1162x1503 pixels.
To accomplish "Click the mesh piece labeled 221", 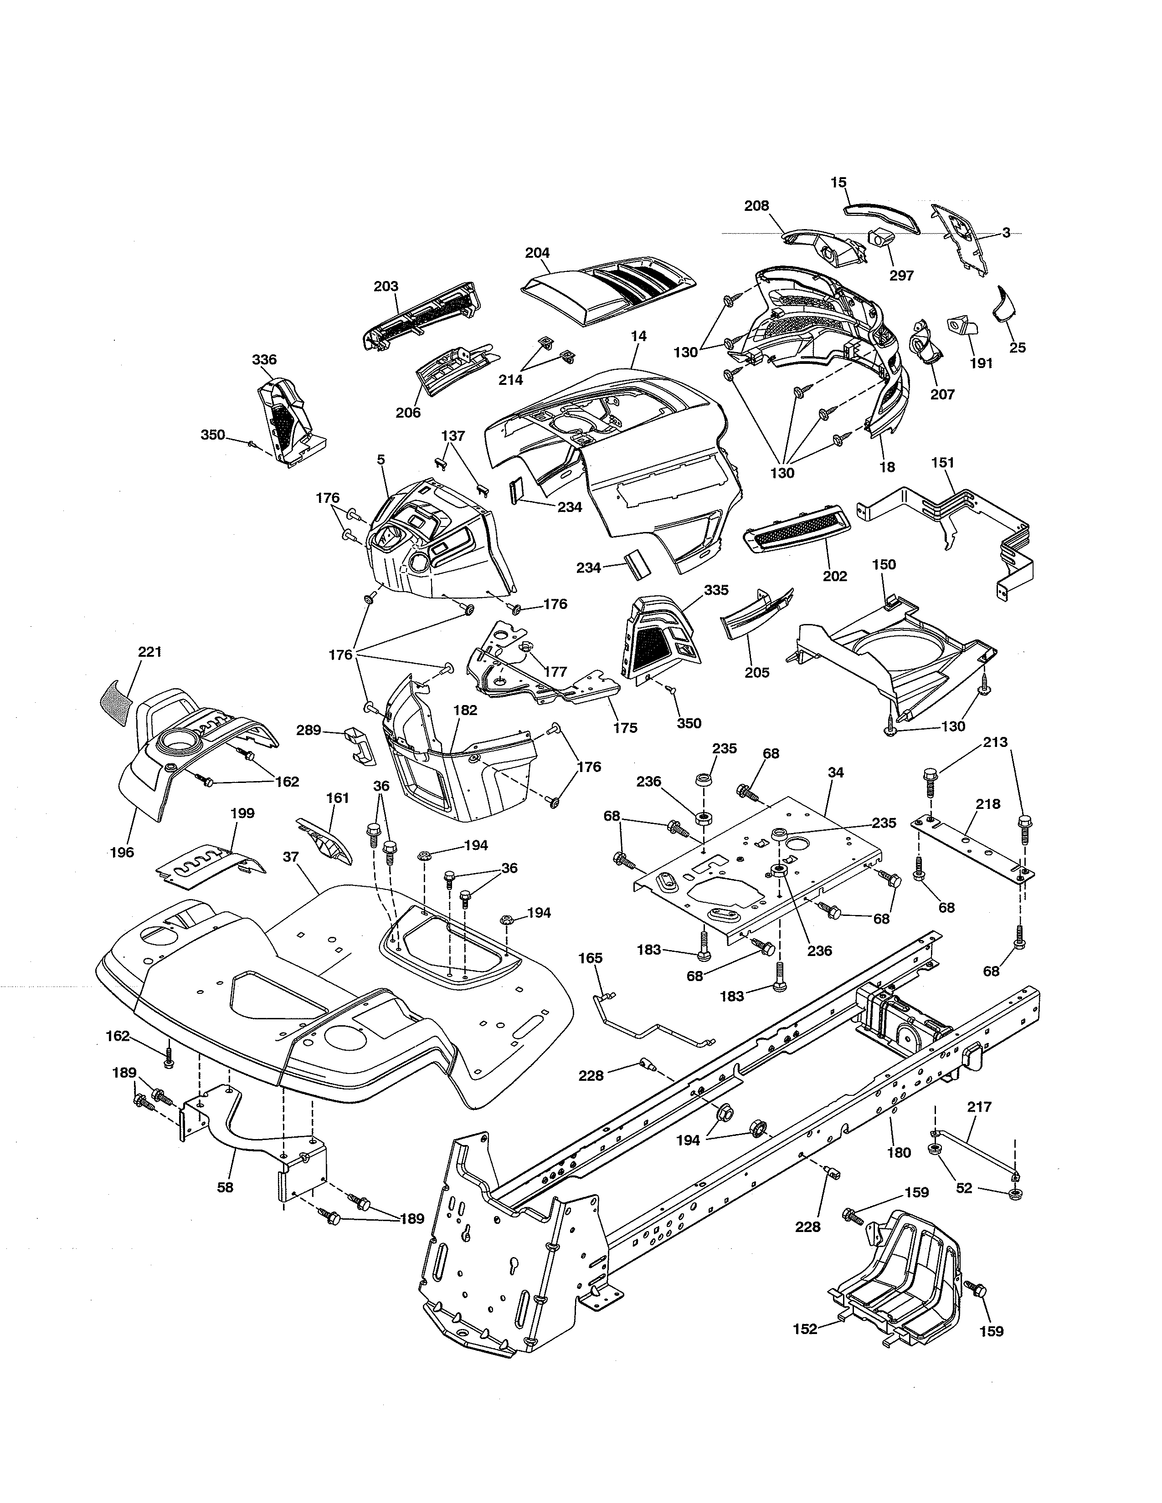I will coord(117,699).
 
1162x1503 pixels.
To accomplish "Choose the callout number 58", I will coord(225,1187).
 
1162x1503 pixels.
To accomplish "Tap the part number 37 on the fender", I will coord(291,857).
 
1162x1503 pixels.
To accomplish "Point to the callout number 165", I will coord(590,958).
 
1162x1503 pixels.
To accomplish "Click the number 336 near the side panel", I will coord(264,359).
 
